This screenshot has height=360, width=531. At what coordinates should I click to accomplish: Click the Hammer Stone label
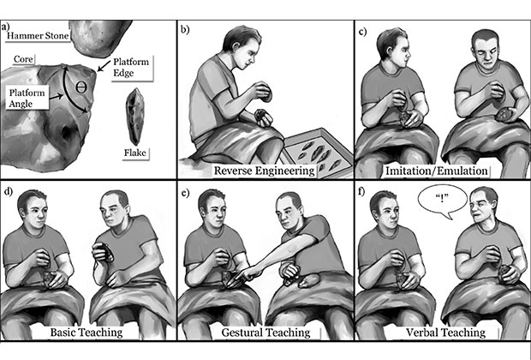point(38,36)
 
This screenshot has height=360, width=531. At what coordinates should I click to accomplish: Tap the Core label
point(23,59)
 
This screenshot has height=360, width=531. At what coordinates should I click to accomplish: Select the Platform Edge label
point(131,67)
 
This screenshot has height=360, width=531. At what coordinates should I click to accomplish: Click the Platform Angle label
point(27,98)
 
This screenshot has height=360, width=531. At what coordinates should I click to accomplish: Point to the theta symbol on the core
point(81,87)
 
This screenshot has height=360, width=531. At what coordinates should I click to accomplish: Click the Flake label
point(134,153)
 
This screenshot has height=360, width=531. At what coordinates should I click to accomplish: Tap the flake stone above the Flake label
point(135,117)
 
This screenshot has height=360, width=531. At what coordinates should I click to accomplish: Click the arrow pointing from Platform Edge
point(104,66)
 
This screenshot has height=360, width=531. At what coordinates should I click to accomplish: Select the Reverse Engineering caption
point(264,171)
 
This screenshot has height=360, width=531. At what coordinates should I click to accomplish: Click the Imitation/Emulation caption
point(437,171)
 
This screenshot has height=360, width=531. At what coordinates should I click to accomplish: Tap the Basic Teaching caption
point(87,333)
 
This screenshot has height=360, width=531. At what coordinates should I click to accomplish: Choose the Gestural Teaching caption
point(265,333)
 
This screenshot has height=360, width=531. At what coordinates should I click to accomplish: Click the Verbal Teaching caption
point(445,333)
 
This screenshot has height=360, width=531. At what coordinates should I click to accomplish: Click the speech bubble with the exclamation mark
point(442,201)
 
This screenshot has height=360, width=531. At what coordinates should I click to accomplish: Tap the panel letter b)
point(184,29)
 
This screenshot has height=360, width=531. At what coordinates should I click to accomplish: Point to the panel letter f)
point(361,191)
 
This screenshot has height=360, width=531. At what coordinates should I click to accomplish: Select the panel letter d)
point(8,191)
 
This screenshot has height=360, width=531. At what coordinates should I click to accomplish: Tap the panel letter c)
point(362,32)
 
